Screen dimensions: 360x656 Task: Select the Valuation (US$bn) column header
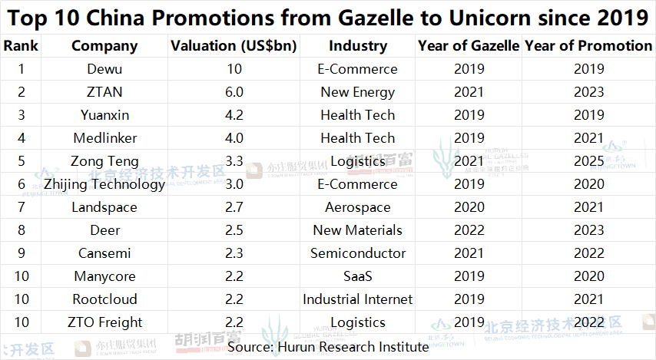coord(234,46)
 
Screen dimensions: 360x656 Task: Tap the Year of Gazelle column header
coord(469,46)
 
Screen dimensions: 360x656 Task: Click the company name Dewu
coord(104,69)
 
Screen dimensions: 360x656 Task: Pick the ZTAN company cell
coord(104,92)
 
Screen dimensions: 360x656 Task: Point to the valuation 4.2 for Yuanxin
coord(234,115)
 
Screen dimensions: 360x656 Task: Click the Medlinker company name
coord(104,138)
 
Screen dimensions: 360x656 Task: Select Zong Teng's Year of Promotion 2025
coord(588,161)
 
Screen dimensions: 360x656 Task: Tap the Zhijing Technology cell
coord(104,184)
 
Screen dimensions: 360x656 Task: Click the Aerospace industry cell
coord(357,207)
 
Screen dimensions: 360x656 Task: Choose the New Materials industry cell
coord(357,230)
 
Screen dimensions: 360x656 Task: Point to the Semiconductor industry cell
coord(357,253)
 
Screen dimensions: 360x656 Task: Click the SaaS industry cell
coord(357,276)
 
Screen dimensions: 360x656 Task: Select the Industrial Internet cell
coord(357,299)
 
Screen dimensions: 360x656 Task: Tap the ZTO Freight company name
coord(104,322)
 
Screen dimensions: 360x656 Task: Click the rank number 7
coord(21,207)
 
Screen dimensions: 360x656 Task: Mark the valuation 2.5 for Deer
coord(234,230)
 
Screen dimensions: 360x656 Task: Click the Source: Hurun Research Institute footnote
coord(328,346)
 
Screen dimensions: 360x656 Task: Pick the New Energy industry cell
coord(357,92)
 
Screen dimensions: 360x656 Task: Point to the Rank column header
coord(21,46)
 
